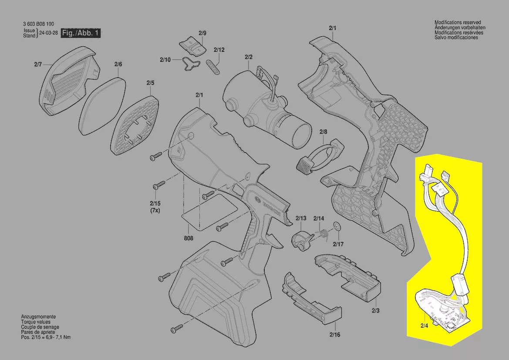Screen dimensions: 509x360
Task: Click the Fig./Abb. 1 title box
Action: tap(81, 33)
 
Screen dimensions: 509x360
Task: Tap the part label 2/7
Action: tap(38, 65)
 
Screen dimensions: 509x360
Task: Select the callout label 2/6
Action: tap(118, 65)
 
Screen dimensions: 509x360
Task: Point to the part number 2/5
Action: tap(150, 83)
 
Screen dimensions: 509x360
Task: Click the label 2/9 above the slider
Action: tap(202, 33)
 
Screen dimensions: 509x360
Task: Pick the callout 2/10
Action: tap(165, 60)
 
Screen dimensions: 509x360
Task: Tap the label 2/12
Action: tap(219, 50)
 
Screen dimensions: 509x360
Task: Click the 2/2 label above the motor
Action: tap(249, 57)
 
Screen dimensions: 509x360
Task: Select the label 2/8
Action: tap(324, 132)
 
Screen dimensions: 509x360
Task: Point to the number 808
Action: tap(189, 238)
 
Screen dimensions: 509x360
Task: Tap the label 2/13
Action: tap(301, 218)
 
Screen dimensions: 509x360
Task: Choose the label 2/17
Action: tap(338, 244)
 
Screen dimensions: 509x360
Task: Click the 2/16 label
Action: tap(335, 335)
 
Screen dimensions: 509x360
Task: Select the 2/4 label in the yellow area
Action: tap(424, 326)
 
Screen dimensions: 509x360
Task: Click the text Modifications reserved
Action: tap(458, 22)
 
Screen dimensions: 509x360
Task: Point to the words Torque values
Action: tap(36, 322)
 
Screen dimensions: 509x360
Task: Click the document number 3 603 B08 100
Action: tap(39, 24)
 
